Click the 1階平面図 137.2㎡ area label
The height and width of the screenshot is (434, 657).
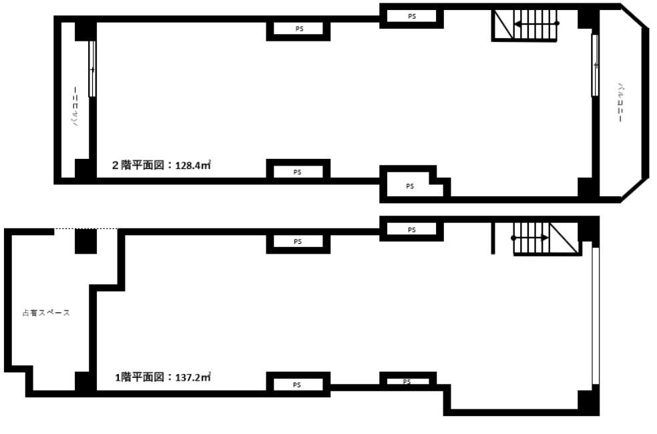coord(163,377)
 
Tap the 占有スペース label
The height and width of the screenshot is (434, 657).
coord(46,312)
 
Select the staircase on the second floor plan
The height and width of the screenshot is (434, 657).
coord(525,25)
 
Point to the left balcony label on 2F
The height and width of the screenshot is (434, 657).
coord(76,106)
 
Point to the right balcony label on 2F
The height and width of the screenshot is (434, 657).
coord(620,101)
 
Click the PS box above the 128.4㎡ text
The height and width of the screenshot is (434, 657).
coord(298,171)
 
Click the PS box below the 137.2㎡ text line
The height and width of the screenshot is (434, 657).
coord(298,384)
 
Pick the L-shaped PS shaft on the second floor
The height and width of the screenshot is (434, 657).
coord(409,186)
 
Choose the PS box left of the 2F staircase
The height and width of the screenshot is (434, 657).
coord(412,16)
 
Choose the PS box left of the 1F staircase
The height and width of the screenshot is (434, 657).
coord(412,230)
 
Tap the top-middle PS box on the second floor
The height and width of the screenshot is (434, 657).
coord(298,29)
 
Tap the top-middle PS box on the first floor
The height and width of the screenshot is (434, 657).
coord(298,242)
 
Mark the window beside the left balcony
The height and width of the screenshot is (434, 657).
coord(92,69)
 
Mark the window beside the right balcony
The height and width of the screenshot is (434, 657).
coord(595,65)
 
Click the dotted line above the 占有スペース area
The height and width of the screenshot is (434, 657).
coord(86,229)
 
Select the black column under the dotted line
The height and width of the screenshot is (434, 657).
coord(85,241)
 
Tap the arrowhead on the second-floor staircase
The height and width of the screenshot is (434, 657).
coord(517,23)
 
